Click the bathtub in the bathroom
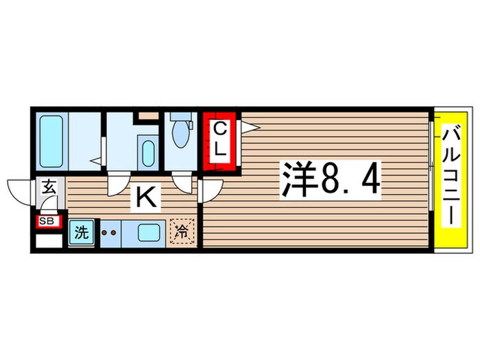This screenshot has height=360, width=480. pyautogui.click(x=51, y=141)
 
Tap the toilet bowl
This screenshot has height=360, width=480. pyautogui.click(x=180, y=134)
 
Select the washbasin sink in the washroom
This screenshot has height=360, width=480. pyautogui.click(x=148, y=154)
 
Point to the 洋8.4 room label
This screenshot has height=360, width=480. pyautogui.click(x=331, y=180)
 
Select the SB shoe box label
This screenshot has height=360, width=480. pyautogui.click(x=47, y=221)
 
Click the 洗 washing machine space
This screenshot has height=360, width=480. pyautogui.click(x=82, y=232)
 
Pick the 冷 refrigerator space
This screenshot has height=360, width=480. pyautogui.click(x=182, y=232)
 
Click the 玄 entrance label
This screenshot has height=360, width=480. pyautogui.click(x=49, y=187)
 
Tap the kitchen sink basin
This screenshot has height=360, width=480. pyautogui.click(x=149, y=232)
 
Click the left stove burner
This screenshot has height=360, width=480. pyautogui.click(x=104, y=233)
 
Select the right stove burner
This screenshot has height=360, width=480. pyautogui.click(x=114, y=233)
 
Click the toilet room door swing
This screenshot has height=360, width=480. pyautogui.click(x=182, y=182)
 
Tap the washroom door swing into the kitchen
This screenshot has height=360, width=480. pyautogui.click(x=119, y=184)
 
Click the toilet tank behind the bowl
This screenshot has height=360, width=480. pyautogui.click(x=180, y=117)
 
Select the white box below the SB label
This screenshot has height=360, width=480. pyautogui.click(x=49, y=241)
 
